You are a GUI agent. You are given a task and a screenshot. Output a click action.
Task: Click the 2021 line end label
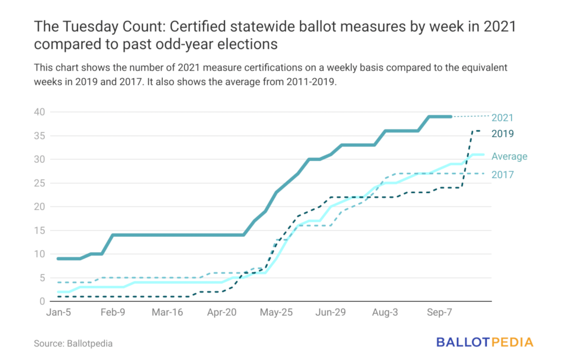point(502,118)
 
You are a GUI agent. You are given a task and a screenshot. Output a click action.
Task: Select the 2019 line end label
point(502,134)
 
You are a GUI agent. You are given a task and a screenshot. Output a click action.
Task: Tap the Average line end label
point(509,156)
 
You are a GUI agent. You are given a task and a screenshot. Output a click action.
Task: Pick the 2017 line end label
point(502,174)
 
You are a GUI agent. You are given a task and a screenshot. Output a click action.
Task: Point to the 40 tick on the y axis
point(38,112)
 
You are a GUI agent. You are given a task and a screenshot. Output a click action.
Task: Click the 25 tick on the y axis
point(38,183)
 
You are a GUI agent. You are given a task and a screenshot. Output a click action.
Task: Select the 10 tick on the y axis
point(38,254)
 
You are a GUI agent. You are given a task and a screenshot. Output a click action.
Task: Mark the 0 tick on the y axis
point(41,302)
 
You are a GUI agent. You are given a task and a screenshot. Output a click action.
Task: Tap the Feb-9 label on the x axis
point(113,313)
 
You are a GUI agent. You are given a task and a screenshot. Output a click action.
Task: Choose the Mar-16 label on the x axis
point(167,313)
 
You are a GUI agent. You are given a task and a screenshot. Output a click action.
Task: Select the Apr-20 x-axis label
point(222,313)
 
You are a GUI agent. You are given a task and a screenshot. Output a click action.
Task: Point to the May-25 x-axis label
point(277,313)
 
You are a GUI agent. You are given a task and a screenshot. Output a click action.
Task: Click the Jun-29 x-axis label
point(331,313)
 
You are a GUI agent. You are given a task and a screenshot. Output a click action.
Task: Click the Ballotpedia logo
point(485,342)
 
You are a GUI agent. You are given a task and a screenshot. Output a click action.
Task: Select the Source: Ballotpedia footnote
point(73,344)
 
